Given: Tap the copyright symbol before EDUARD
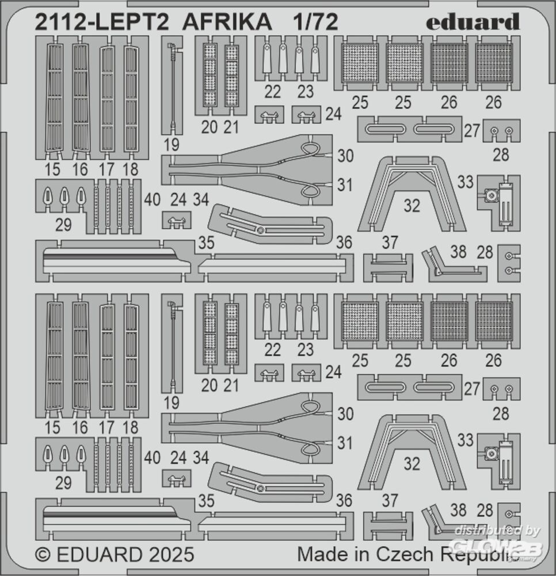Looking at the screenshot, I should tap(42, 555).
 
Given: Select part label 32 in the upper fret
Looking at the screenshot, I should tap(412, 205).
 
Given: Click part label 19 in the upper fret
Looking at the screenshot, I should tap(171, 145).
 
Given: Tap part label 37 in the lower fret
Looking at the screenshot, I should tap(390, 501).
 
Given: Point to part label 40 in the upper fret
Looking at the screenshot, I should tap(153, 200).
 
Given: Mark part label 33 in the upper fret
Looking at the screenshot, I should tap(465, 183).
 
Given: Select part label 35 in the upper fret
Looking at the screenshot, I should tap(206, 242).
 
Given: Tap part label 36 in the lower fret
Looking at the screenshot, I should tap(344, 501).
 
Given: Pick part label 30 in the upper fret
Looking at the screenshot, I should tap(345, 156).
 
